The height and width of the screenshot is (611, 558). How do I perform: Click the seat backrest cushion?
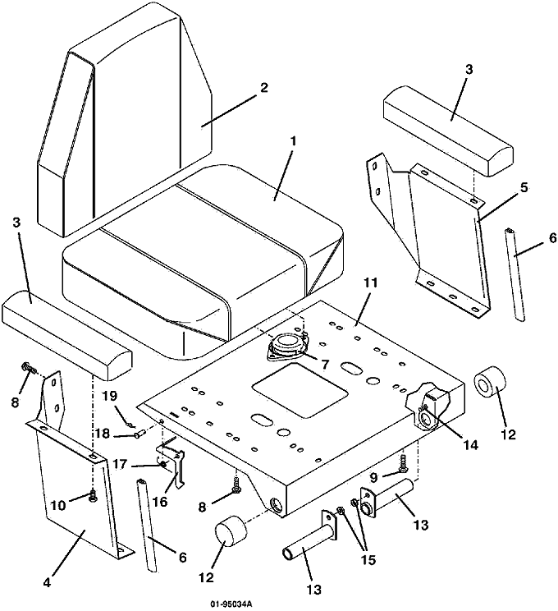coord(125,121)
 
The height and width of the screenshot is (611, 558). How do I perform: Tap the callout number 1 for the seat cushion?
coord(293,141)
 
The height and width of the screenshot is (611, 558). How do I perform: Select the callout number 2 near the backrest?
coord(264,87)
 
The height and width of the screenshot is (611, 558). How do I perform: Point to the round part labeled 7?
coord(287,345)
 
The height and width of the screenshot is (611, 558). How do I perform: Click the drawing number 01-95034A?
coord(231,604)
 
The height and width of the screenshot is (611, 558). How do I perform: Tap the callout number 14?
coord(470,444)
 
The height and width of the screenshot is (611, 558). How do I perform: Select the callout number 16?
coord(160,502)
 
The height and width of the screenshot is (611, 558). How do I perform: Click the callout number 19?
coord(109,397)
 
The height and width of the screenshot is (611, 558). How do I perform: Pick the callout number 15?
coord(368,560)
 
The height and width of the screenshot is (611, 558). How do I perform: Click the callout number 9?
coord(374,476)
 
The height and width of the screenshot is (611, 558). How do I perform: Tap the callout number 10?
coord(58,505)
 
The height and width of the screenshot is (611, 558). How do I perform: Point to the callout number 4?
coord(47,583)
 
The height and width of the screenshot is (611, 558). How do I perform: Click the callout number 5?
coord(524,187)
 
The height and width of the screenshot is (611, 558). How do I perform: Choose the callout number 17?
coord(119,464)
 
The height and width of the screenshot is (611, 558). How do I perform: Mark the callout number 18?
coord(103,434)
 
